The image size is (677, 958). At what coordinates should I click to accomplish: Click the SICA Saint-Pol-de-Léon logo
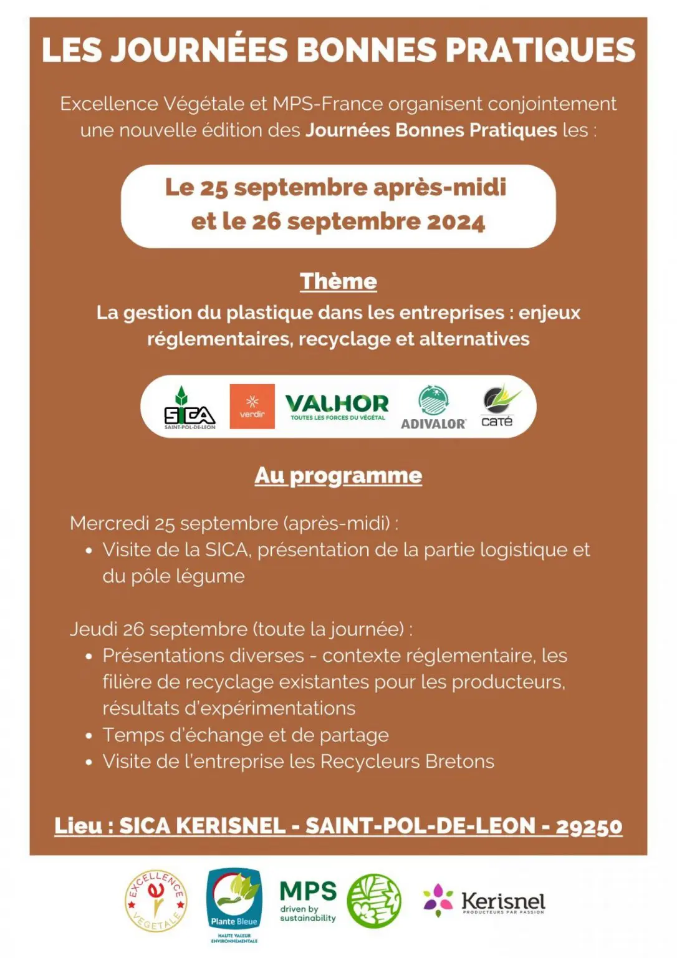pyautogui.click(x=190, y=409)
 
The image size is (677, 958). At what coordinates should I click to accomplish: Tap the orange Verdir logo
pyautogui.click(x=252, y=407)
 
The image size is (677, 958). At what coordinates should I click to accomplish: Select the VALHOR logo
pyautogui.click(x=337, y=407)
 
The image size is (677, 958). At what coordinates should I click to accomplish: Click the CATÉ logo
pyautogui.click(x=499, y=407)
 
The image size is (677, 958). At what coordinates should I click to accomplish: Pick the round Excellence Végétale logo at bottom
pyautogui.click(x=156, y=901)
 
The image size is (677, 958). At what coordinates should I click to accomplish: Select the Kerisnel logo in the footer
pyautogui.click(x=484, y=901)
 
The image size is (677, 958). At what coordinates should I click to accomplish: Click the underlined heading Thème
pyautogui.click(x=338, y=281)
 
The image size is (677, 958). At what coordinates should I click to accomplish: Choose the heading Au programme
pyautogui.click(x=338, y=476)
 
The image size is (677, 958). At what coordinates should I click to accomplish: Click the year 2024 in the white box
pyautogui.click(x=456, y=222)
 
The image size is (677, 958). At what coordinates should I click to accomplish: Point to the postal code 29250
pyautogui.click(x=588, y=826)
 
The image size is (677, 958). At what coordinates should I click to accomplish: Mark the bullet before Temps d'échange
pyautogui.click(x=89, y=736)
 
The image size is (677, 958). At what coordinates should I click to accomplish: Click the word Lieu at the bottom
pyautogui.click(x=78, y=826)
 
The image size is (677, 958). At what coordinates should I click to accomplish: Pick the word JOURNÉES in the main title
pyautogui.click(x=199, y=51)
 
